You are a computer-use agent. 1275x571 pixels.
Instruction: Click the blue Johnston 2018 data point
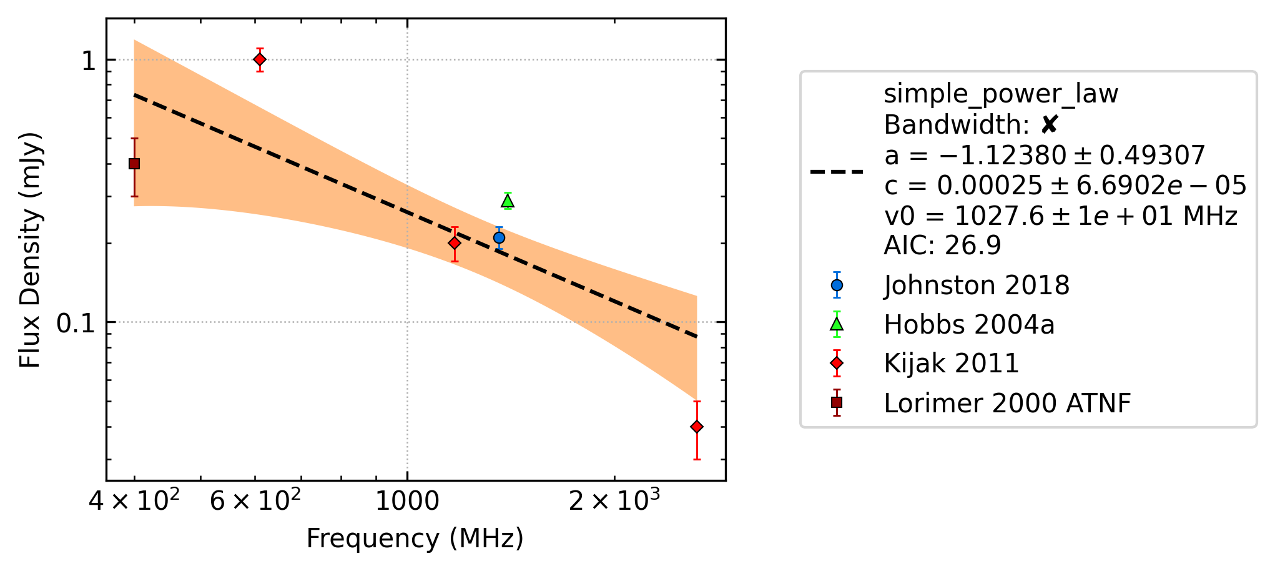(x=499, y=237)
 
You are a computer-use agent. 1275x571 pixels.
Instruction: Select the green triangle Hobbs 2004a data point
(x=508, y=201)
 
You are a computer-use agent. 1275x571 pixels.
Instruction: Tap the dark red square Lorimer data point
(x=134, y=164)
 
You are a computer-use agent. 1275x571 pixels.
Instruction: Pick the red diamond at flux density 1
(x=260, y=59)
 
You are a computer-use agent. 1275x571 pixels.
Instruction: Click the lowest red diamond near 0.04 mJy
(x=697, y=427)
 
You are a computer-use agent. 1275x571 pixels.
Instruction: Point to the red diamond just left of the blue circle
(x=455, y=242)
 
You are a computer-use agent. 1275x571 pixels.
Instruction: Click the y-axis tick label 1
(x=89, y=61)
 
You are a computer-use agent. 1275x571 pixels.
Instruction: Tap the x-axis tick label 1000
(x=407, y=500)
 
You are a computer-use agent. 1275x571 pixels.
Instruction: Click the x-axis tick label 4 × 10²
(x=134, y=500)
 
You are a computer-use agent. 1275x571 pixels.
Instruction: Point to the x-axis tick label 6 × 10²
(x=255, y=500)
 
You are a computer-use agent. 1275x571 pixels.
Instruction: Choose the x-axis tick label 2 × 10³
(x=614, y=500)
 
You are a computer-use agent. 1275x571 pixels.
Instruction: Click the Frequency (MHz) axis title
(x=415, y=539)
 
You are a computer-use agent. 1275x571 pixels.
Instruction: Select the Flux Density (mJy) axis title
(x=29, y=250)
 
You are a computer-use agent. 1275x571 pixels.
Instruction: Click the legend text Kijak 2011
(x=952, y=364)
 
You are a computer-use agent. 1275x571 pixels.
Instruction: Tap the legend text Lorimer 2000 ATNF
(x=1007, y=403)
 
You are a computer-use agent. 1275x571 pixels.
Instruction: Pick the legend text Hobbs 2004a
(x=969, y=324)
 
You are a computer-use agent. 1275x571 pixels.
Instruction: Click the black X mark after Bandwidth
(x=1050, y=125)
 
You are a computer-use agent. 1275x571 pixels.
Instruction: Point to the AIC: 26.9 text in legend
(x=942, y=246)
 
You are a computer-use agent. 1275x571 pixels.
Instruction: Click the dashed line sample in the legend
(x=837, y=171)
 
